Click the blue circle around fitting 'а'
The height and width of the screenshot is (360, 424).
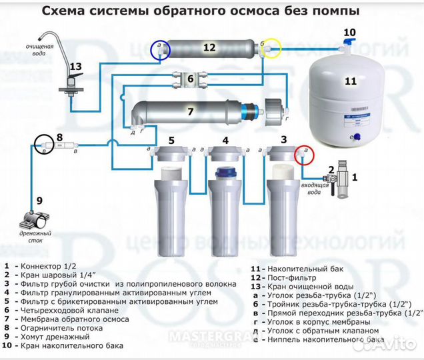click(x=161, y=49)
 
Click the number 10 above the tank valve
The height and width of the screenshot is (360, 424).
click(x=350, y=32)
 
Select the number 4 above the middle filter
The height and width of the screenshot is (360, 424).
click(x=225, y=140)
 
